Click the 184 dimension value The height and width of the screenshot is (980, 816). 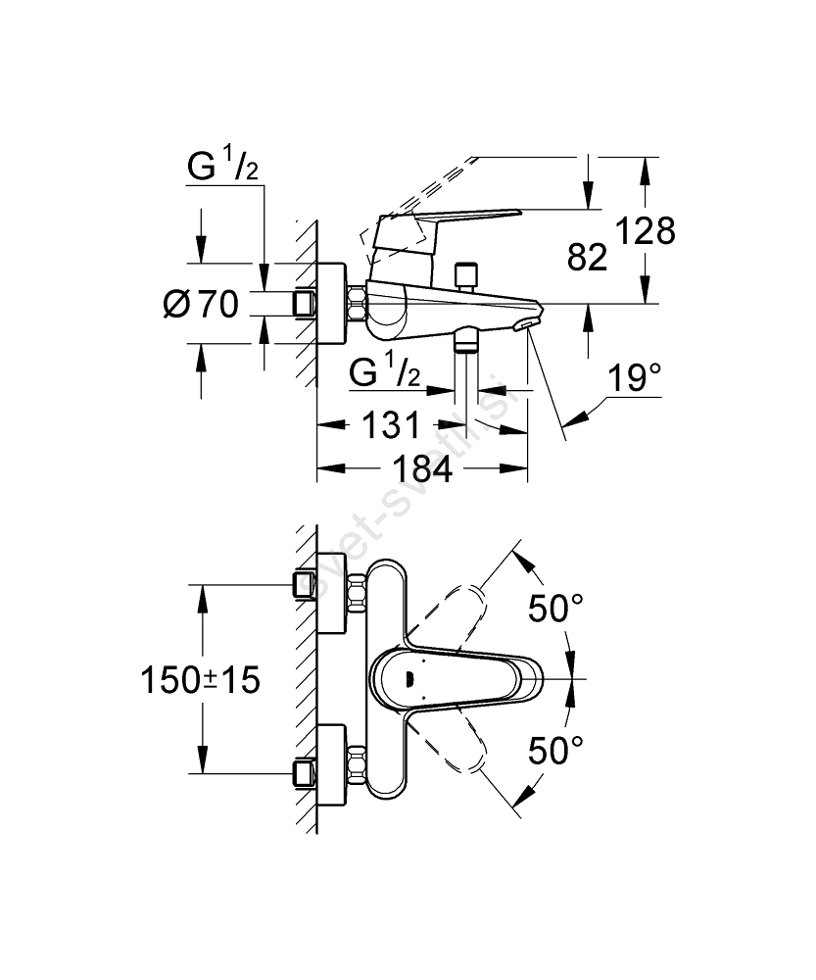click(422, 469)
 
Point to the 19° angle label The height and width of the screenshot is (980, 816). click(633, 377)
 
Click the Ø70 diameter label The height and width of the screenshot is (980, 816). click(201, 307)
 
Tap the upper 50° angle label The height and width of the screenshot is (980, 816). click(555, 610)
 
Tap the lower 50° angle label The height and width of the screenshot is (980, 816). click(555, 752)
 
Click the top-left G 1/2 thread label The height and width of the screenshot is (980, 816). click(223, 169)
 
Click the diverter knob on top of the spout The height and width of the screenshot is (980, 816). click(467, 274)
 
